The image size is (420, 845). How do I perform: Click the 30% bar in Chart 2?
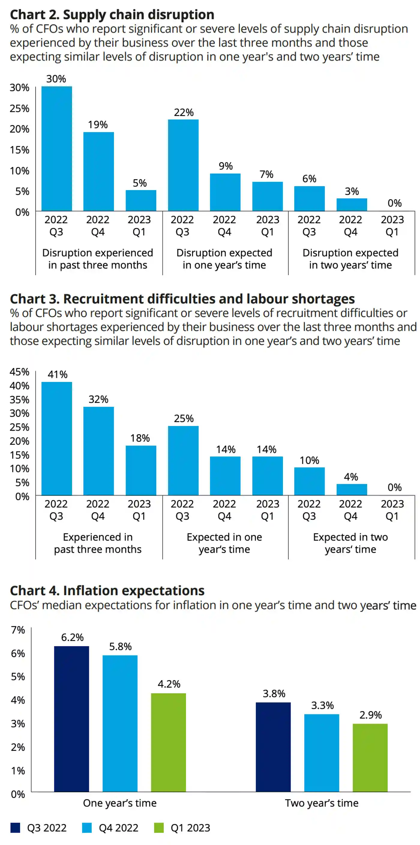coord(56,148)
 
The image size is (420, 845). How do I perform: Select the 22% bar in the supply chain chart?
coord(183,165)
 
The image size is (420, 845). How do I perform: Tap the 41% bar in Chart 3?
coord(56,438)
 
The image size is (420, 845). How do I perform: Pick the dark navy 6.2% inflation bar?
coord(72,719)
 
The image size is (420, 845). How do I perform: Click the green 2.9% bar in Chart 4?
coord(370,758)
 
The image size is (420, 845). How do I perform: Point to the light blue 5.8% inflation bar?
coord(120,723)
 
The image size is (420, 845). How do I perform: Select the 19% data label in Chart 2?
coord(98,125)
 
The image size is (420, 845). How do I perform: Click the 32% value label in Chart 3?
coord(98,399)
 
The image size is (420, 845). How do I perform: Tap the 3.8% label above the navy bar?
coord(274,693)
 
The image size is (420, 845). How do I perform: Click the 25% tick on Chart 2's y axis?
coord(19,108)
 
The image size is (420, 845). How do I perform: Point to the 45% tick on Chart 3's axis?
coord(19,372)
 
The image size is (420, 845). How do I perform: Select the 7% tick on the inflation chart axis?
coord(18,630)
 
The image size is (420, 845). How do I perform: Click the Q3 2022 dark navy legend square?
coord(15,828)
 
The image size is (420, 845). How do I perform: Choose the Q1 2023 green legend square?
coord(159,828)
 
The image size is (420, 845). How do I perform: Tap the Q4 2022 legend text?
coord(118,828)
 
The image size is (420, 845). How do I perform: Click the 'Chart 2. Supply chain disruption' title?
coord(112,15)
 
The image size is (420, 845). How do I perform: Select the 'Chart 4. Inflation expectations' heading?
coord(107,590)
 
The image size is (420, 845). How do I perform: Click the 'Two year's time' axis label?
coord(322,803)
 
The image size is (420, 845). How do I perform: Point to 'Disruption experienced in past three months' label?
coord(98,259)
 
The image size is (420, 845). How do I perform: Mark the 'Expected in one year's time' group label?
coord(224,543)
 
